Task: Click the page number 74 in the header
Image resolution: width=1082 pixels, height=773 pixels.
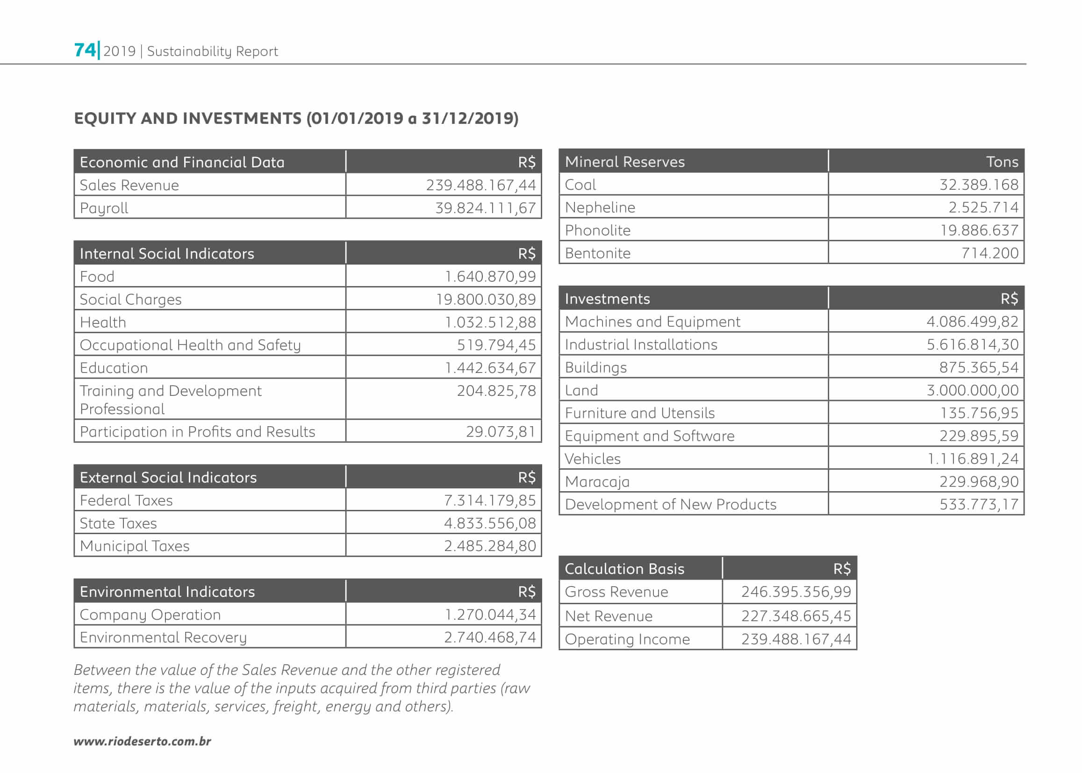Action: click(85, 50)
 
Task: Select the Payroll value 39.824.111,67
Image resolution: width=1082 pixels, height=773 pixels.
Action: click(485, 208)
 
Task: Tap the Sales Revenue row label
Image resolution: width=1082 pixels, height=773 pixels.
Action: click(129, 185)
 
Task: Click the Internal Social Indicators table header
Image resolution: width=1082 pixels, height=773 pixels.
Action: click(166, 254)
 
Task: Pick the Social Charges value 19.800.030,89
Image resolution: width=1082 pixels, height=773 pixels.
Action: click(486, 300)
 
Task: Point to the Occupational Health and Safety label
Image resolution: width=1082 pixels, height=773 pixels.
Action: click(190, 345)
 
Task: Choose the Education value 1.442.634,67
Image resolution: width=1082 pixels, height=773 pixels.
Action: click(490, 368)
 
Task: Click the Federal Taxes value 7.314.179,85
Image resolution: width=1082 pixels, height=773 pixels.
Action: click(489, 500)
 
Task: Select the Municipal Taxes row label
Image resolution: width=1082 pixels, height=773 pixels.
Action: click(134, 546)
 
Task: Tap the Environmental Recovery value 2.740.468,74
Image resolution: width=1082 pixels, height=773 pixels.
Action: click(489, 637)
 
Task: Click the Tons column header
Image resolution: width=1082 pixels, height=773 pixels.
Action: click(1002, 162)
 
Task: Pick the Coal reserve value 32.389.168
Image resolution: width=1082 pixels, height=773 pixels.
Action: click(978, 185)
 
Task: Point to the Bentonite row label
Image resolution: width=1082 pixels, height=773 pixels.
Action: click(597, 253)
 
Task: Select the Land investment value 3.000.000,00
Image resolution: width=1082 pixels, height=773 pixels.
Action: click(972, 390)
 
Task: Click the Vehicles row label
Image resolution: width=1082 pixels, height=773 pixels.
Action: click(593, 459)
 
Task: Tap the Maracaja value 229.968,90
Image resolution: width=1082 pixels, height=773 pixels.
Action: click(978, 482)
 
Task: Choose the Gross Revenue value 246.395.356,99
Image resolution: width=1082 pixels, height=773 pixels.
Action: click(795, 592)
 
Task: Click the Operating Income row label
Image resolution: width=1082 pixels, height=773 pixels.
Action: click(627, 639)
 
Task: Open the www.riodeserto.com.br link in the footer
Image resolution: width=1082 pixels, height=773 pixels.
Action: click(142, 741)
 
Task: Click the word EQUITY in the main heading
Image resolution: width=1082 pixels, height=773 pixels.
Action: click(104, 118)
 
